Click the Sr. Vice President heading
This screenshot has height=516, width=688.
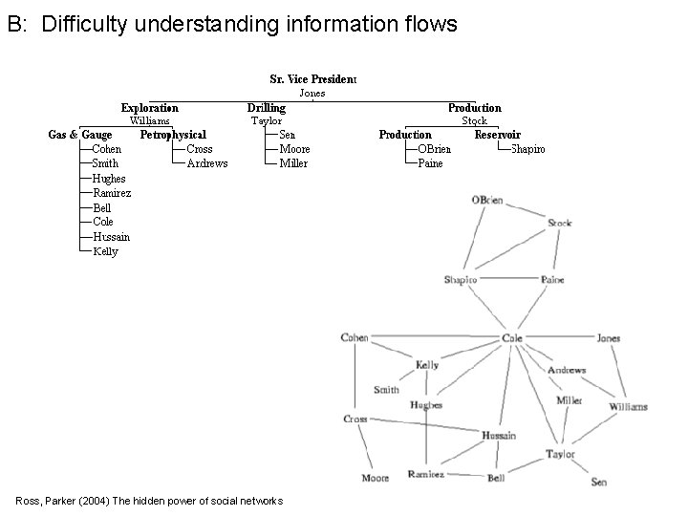pyautogui.click(x=312, y=78)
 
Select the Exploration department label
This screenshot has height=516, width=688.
pyautogui.click(x=149, y=108)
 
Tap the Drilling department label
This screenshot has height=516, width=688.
pyautogui.click(x=266, y=108)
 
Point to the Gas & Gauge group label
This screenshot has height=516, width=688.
pyautogui.click(x=80, y=135)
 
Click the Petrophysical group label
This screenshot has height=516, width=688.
pyautogui.click(x=173, y=135)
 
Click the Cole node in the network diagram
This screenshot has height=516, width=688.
pyautogui.click(x=512, y=338)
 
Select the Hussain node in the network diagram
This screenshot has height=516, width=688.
pyautogui.click(x=498, y=435)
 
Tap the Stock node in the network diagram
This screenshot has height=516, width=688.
pyautogui.click(x=560, y=224)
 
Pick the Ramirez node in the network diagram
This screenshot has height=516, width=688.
pyautogui.click(x=425, y=474)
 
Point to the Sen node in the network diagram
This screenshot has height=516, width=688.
pyautogui.click(x=598, y=482)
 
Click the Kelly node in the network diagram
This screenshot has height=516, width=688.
pyautogui.click(x=427, y=365)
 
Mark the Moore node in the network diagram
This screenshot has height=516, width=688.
pyautogui.click(x=375, y=477)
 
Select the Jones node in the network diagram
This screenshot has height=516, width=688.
pyautogui.click(x=609, y=338)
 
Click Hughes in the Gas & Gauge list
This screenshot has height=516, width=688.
pyautogui.click(x=109, y=179)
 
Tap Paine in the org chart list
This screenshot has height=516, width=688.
pyautogui.click(x=431, y=163)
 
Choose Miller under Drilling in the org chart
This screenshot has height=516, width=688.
pyautogui.click(x=293, y=163)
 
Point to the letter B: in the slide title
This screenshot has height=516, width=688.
pyautogui.click(x=15, y=25)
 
